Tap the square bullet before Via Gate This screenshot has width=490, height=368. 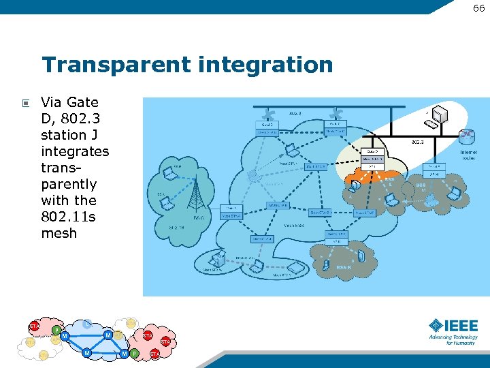25,104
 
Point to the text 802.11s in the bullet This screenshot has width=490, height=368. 69,217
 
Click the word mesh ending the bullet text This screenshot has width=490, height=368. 59,233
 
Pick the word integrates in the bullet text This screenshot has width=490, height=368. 75,151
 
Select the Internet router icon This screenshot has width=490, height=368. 466,136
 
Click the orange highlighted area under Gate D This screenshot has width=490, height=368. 368,178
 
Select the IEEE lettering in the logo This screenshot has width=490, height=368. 462,325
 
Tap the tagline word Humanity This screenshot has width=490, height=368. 461,343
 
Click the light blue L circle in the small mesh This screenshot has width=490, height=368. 87,324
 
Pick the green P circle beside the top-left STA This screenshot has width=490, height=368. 56,331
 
